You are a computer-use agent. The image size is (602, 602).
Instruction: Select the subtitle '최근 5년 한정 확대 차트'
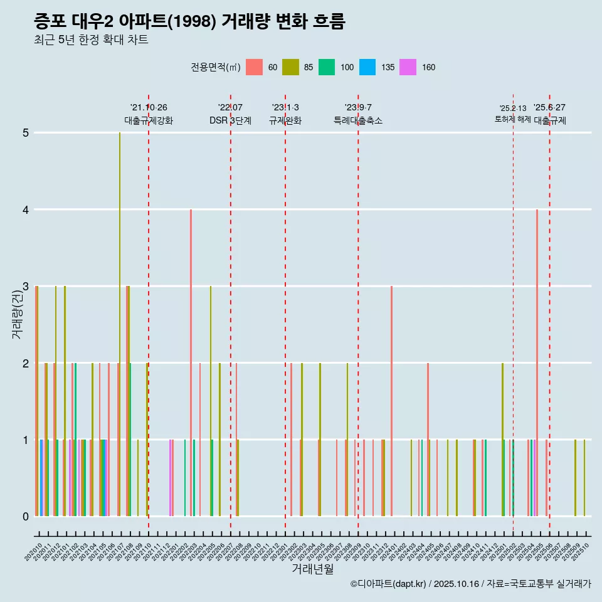tap(91, 40)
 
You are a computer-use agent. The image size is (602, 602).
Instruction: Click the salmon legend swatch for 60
tap(254, 67)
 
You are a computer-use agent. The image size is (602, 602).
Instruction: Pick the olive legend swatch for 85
tap(290, 67)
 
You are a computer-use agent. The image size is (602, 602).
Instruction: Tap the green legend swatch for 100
tap(327, 67)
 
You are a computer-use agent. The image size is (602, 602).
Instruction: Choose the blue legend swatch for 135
tap(367, 67)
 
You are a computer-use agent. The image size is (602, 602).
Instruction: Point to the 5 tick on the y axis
tap(26, 133)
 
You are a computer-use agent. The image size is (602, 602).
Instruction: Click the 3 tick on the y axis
tap(26, 287)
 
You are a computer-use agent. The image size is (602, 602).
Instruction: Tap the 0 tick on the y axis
tap(26, 517)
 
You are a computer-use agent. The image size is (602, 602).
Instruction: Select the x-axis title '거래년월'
tap(312, 569)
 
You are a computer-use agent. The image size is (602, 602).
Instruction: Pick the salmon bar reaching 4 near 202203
tap(191, 364)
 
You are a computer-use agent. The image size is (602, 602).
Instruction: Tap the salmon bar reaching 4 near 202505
tap(537, 364)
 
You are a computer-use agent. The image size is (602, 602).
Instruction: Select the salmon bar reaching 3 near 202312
tap(391, 401)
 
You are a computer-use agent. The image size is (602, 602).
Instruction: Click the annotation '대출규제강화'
tap(149, 120)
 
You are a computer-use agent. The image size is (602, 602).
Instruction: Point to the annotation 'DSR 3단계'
tap(230, 120)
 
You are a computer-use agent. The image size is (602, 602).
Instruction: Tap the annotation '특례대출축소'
tap(357, 120)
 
